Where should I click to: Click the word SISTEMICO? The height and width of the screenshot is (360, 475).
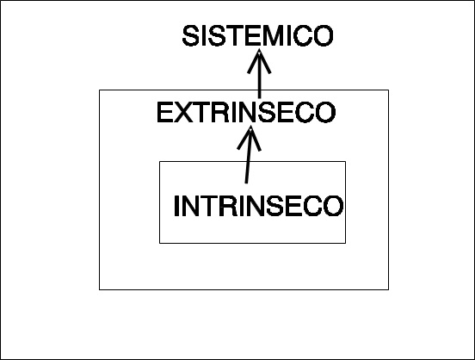pyautogui.click(x=258, y=36)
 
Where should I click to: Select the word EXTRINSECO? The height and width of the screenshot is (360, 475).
pyautogui.click(x=246, y=112)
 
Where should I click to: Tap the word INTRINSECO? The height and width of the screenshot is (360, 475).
pyautogui.click(x=259, y=206)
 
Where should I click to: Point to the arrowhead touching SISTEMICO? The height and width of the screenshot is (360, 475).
pyautogui.click(x=259, y=61)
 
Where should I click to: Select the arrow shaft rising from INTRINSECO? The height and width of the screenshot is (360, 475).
pyautogui.click(x=249, y=156)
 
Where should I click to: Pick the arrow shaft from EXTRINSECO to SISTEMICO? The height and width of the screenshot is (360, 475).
pyautogui.click(x=259, y=74)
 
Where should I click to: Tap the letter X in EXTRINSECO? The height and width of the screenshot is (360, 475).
pyautogui.click(x=183, y=112)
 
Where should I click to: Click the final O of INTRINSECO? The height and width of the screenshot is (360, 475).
pyautogui.click(x=334, y=206)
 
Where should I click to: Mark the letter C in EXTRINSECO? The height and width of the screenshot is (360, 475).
pyautogui.click(x=305, y=112)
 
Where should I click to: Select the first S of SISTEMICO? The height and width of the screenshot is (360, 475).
pyautogui.click(x=190, y=36)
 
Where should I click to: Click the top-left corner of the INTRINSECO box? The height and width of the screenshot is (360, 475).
pyautogui.click(x=160, y=161)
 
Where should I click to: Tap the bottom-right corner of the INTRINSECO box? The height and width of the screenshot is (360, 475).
pyautogui.click(x=345, y=243)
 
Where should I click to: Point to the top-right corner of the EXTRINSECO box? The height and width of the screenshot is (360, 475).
pyautogui.click(x=388, y=90)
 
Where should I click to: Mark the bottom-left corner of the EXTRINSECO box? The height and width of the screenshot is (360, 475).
pyautogui.click(x=99, y=289)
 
